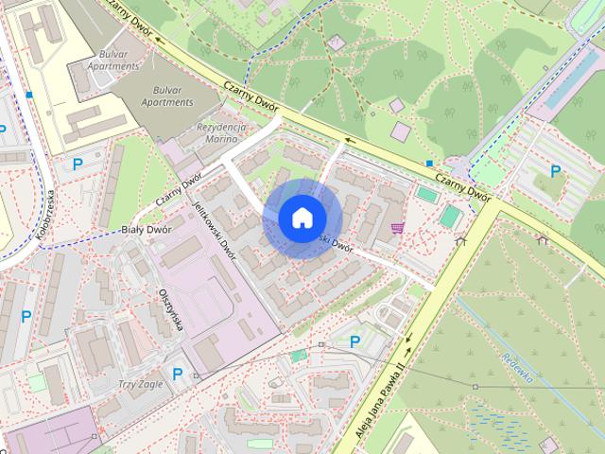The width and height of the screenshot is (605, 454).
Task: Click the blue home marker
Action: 302,218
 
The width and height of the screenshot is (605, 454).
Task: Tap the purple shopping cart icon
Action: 397,228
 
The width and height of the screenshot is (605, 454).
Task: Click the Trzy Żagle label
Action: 142,385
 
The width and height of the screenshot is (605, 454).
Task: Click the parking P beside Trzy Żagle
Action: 177,374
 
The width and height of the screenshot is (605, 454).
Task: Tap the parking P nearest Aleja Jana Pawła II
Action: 355,341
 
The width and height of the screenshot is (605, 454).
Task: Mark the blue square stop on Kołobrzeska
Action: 31,96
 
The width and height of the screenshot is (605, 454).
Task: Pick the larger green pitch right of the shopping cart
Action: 450,218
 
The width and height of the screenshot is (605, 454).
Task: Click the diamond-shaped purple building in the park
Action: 337,44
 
